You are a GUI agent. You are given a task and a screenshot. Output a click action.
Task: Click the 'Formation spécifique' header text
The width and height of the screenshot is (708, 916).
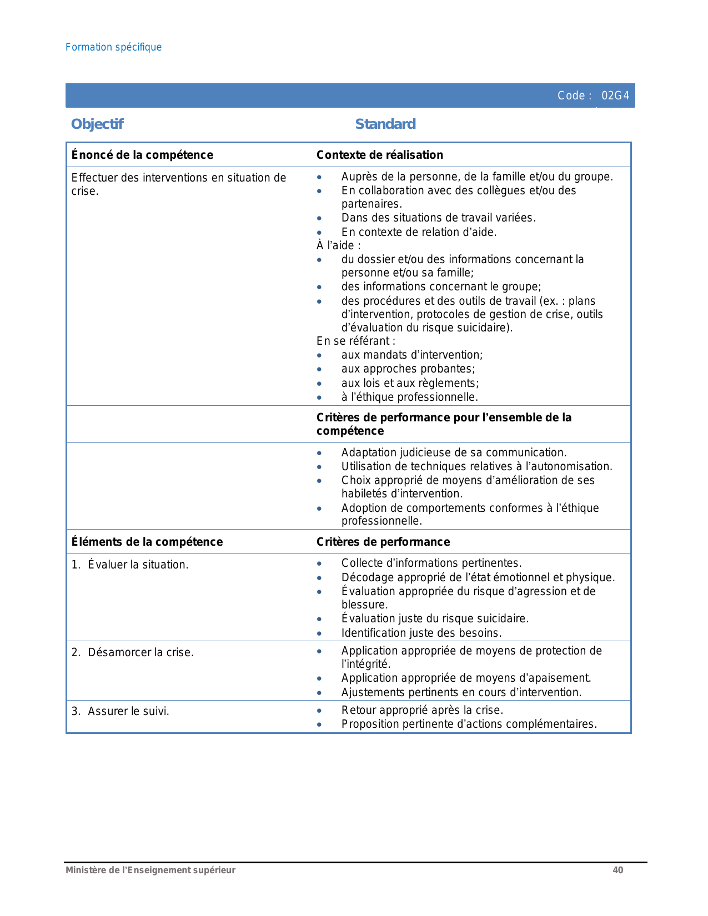point(113,47)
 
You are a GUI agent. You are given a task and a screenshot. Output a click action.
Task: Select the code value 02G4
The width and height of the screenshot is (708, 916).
point(615,95)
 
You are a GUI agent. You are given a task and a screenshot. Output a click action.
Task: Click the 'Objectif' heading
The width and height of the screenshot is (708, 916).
point(97,124)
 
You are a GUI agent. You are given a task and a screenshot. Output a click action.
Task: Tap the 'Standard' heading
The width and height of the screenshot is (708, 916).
point(385,124)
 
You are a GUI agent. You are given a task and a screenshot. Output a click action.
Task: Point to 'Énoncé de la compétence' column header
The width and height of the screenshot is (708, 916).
point(142,155)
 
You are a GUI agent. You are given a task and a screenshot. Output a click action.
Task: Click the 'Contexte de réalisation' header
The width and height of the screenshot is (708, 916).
point(380,155)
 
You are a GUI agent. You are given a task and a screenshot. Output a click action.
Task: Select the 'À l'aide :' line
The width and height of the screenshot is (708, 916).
point(339,245)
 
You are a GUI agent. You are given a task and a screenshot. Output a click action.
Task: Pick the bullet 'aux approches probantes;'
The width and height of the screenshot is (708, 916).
point(408,369)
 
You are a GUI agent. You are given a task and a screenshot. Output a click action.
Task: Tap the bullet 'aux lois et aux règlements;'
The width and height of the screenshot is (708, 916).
point(410,383)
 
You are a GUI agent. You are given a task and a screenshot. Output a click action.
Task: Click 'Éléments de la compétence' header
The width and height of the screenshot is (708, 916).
point(147,542)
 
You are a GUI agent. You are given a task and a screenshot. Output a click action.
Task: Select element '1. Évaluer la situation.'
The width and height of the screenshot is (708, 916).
point(130,565)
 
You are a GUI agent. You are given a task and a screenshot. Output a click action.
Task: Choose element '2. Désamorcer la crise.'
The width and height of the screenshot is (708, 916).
point(133,652)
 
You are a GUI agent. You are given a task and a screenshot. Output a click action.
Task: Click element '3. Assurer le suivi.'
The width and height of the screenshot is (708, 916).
point(120,711)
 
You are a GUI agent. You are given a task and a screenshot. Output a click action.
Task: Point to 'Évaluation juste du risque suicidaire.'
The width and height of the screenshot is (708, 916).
point(435,618)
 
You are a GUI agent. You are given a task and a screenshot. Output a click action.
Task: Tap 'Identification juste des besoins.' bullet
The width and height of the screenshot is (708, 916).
point(421,633)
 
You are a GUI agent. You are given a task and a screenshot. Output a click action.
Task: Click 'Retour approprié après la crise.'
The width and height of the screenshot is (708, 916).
point(422,710)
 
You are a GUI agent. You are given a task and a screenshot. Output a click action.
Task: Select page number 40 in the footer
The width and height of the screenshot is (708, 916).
point(617,870)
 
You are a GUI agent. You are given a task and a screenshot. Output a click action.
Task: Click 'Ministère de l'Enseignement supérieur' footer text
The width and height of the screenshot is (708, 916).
point(150,870)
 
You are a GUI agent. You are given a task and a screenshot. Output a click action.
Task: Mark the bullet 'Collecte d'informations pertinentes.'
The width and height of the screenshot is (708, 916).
point(431,563)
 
